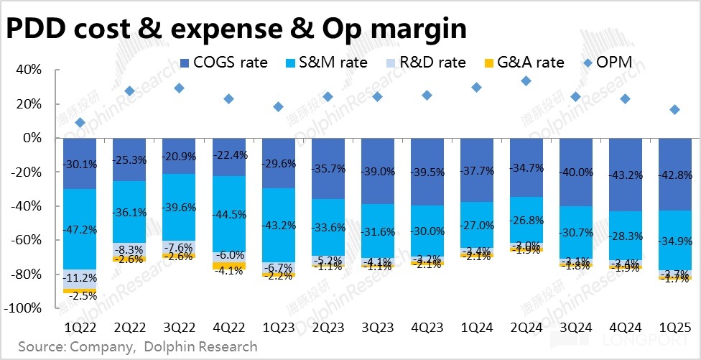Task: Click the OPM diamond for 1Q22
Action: click(80, 123)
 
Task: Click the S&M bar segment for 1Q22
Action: click(80, 229)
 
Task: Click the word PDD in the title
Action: click(39, 29)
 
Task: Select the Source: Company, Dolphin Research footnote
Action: click(137, 347)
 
